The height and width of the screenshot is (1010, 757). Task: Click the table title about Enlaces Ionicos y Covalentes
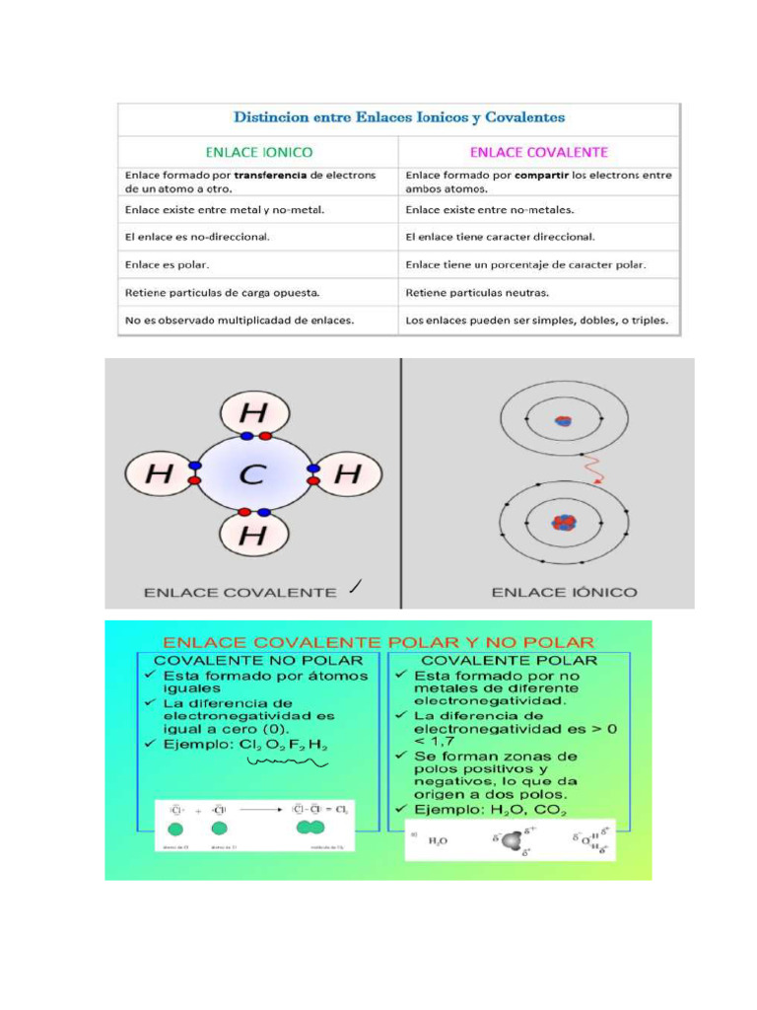(399, 117)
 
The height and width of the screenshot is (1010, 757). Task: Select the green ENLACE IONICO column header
(258, 152)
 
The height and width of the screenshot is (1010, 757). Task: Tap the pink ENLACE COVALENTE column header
(538, 152)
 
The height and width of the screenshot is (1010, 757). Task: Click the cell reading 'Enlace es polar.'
(167, 265)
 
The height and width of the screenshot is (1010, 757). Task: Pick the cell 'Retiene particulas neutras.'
(477, 293)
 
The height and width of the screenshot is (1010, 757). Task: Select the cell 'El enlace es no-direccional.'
(197, 237)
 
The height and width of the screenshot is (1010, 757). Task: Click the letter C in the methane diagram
(252, 475)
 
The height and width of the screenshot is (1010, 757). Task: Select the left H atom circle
(159, 475)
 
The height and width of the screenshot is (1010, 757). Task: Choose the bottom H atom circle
(253, 536)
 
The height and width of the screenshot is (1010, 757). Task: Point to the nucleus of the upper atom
(563, 420)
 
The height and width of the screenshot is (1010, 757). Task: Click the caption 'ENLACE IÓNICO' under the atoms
(564, 592)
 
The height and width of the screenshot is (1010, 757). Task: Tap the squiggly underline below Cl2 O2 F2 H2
(287, 761)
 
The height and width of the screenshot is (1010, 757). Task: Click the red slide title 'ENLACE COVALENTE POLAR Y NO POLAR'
(378, 640)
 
